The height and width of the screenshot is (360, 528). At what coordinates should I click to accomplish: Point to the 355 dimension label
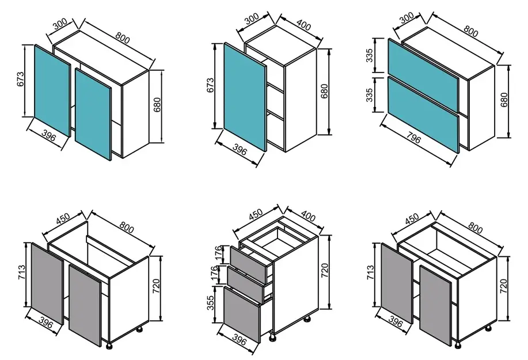211,303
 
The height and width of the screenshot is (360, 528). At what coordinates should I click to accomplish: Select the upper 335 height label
370,55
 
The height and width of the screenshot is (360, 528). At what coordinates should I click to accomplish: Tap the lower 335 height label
370,95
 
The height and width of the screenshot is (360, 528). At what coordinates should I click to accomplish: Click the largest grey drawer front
242,314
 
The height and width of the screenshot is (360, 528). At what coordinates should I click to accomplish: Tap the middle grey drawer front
245,285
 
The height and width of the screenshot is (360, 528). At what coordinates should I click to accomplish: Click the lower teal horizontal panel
423,115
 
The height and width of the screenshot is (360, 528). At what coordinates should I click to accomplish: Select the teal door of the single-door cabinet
245,97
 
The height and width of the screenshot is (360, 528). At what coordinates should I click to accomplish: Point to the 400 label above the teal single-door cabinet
304,24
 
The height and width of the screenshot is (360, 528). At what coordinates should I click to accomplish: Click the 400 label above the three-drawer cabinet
307,215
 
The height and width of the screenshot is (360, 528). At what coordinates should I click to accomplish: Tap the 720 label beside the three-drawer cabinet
325,270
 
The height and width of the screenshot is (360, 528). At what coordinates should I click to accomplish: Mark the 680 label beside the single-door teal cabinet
324,91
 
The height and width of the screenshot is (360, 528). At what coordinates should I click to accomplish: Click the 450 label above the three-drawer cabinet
255,214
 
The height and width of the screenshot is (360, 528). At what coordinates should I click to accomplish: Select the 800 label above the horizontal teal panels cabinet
471,31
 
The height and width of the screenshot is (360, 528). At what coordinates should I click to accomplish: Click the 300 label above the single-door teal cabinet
252,18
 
